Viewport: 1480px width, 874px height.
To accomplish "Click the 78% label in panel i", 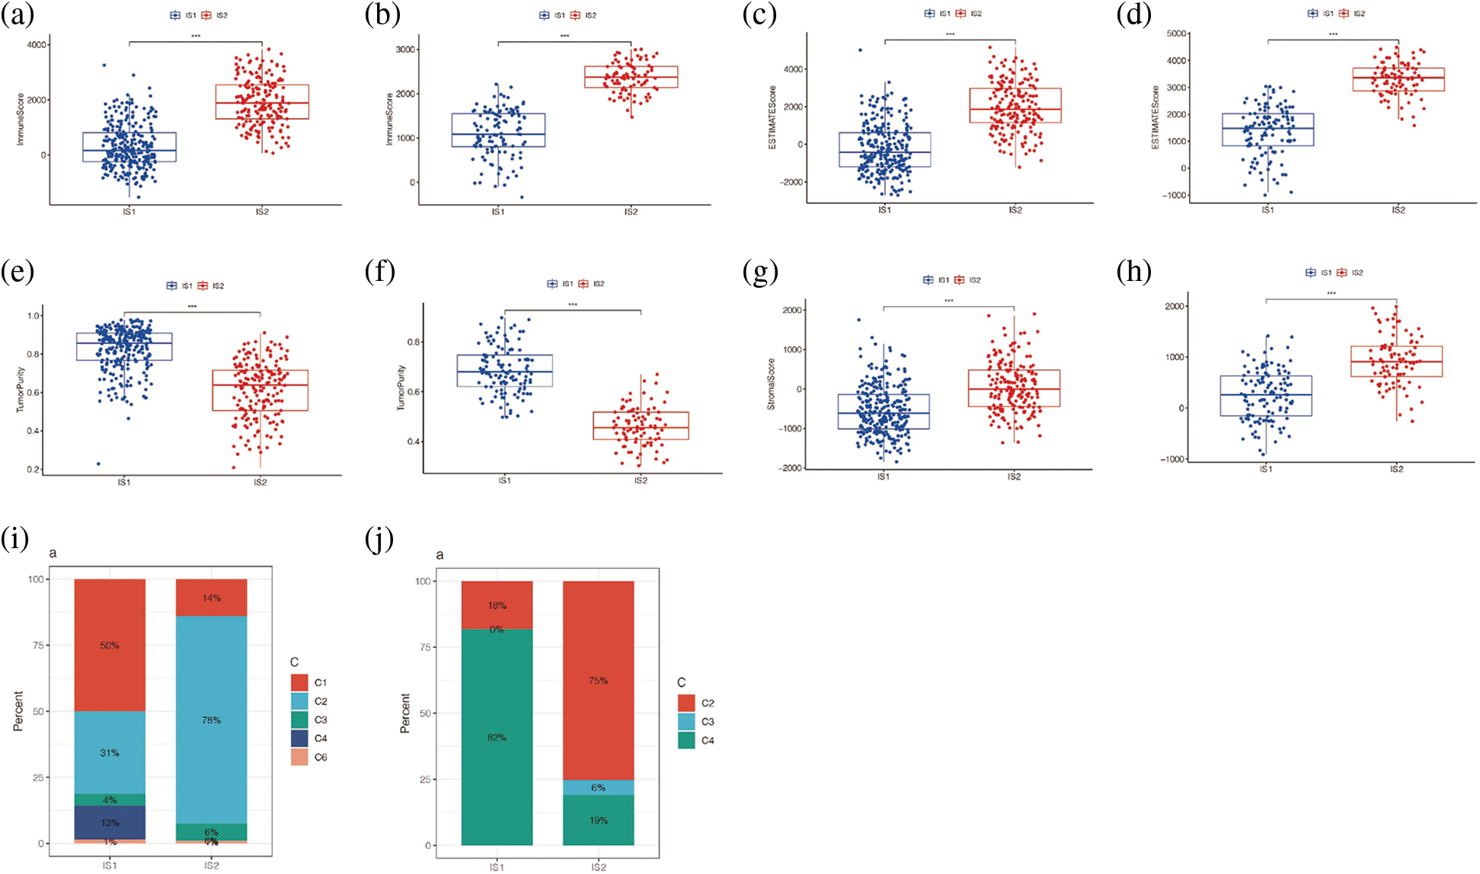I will (211, 720).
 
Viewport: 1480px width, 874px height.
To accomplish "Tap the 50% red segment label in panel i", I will (110, 646).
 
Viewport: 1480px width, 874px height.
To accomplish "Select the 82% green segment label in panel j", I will (497, 738).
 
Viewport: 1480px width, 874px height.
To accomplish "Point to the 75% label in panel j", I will (598, 681).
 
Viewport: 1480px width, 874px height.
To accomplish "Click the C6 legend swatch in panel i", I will (299, 758).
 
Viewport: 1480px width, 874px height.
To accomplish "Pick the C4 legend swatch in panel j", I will (686, 741).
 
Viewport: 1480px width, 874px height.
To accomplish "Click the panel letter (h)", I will (1133, 272).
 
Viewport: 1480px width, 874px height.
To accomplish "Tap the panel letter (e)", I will (18, 272).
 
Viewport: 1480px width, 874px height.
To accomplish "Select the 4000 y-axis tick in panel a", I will (36, 45).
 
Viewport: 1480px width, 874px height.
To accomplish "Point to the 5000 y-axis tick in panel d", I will (1176, 33).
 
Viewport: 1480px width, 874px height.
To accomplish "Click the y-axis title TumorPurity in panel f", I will (401, 388).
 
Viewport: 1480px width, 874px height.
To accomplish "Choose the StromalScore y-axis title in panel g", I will (771, 384).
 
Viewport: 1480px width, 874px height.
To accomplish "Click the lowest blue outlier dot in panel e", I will (98, 464).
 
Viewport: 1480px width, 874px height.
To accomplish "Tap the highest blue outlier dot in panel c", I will (860, 50).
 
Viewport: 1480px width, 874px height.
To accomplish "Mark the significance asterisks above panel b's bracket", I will (564, 36).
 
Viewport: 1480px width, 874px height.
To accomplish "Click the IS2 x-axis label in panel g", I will (1014, 477).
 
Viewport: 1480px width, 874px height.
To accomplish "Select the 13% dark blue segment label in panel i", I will (110, 823).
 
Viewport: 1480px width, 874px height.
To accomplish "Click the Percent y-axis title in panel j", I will (405, 713).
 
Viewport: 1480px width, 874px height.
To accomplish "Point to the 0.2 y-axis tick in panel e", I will (34, 470).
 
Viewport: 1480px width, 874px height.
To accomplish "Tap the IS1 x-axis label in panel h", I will (1265, 470).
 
